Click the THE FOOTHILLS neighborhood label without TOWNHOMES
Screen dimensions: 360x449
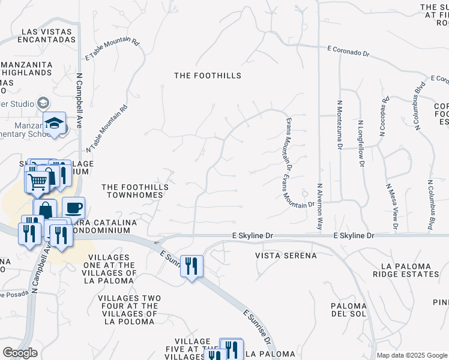click(207, 76)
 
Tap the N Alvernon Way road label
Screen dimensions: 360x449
click(320, 207)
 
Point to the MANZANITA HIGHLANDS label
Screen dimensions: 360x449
click(26, 68)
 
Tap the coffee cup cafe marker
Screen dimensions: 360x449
click(73, 208)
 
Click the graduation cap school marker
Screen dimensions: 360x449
click(55, 124)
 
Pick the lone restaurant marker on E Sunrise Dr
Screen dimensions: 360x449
click(191, 265)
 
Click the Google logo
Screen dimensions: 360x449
click(20, 353)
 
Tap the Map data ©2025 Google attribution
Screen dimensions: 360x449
click(411, 355)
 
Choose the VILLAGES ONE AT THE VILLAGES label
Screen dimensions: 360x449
click(117, 272)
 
